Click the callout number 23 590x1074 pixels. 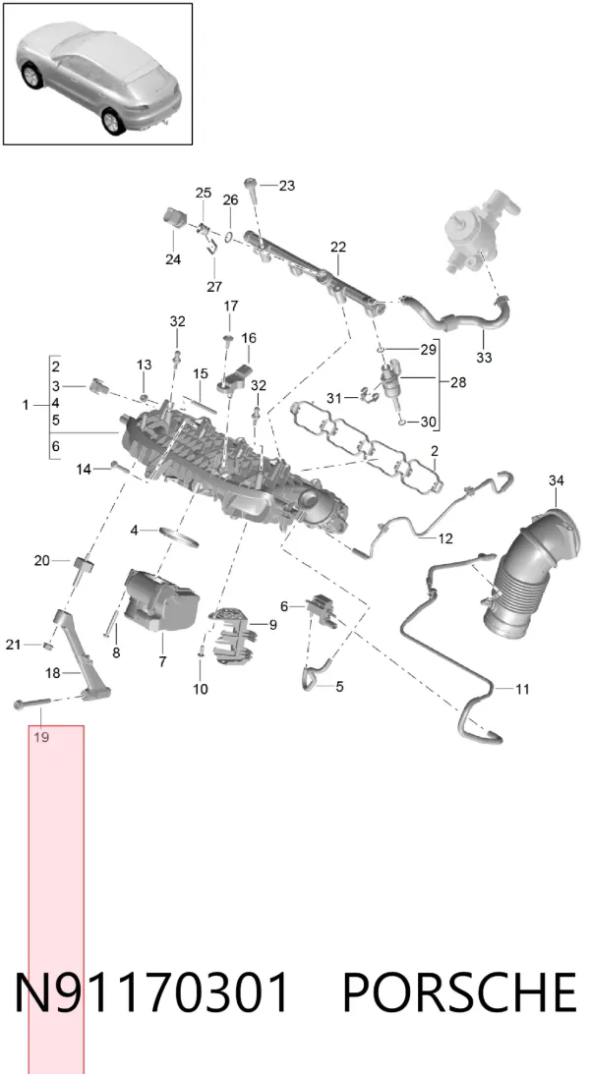click(286, 186)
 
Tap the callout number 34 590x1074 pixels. click(556, 480)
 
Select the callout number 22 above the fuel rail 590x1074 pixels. click(338, 248)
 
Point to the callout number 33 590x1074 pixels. click(484, 358)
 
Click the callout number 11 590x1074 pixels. click(522, 689)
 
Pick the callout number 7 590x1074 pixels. click(162, 662)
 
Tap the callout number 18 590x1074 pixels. click(53, 673)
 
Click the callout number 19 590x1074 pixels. click(41, 738)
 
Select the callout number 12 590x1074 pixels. click(445, 539)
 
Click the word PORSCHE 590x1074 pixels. click(459, 992)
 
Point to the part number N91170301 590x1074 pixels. click(152, 992)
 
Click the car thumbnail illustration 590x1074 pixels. click(98, 74)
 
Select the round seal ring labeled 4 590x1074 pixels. click(180, 536)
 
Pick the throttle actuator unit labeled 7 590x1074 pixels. click(161, 599)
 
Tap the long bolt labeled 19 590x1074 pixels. click(32, 703)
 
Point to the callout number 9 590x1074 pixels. click(272, 625)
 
